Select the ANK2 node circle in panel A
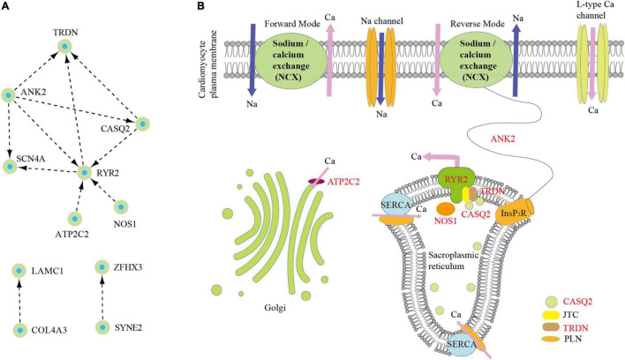coord(9,94)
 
